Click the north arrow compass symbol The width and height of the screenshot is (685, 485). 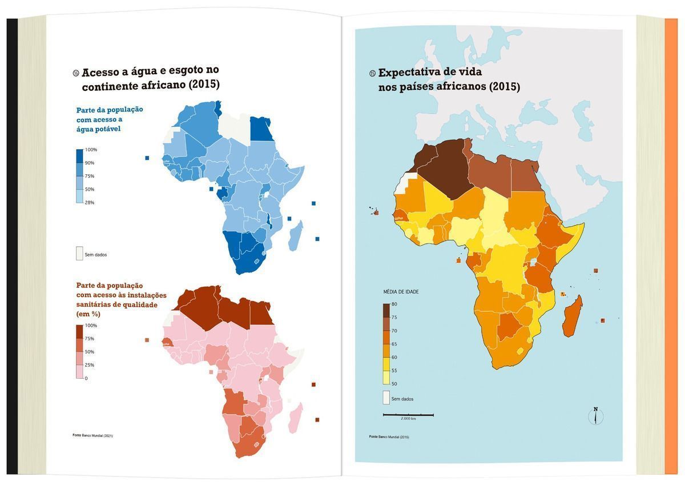tap(595, 416)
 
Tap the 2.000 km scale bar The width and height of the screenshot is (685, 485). tap(408, 415)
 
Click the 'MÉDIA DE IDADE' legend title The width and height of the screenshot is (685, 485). tap(401, 292)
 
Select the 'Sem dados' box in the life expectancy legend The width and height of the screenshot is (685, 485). tap(386, 398)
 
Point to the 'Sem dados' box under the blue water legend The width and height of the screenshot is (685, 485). tap(80, 254)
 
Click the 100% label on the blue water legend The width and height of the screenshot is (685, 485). tap(91, 150)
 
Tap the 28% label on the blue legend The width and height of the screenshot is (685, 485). tap(90, 203)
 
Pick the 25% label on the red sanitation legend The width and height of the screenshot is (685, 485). tap(90, 365)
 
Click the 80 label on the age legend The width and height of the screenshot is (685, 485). tap(394, 304)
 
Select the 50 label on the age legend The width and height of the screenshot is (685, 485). tap(394, 384)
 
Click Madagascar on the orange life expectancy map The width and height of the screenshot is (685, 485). tap(572, 316)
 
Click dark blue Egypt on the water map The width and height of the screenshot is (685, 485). tap(261, 129)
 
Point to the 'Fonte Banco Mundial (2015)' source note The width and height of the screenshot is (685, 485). tap(389, 437)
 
